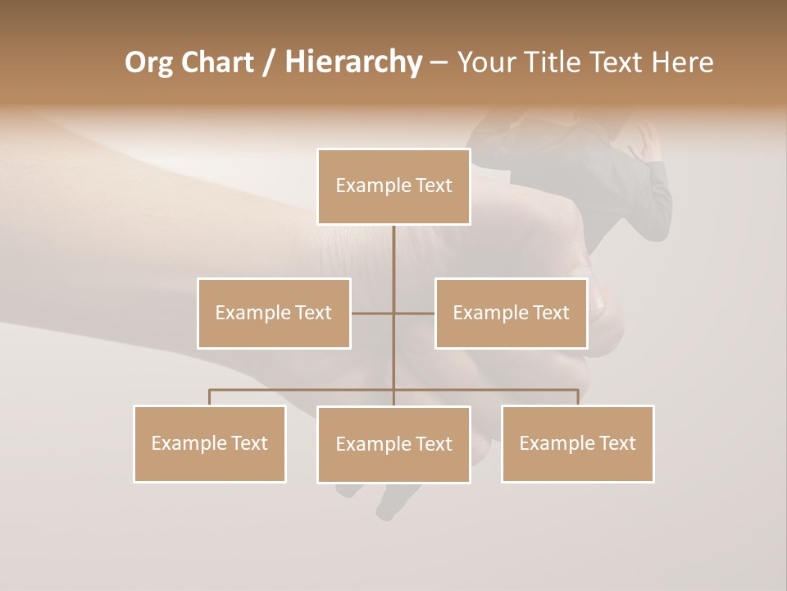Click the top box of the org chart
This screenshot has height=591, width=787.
click(393, 186)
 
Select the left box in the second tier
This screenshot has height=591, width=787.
click(274, 313)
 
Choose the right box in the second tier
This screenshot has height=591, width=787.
click(511, 313)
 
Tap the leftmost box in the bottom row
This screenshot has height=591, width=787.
click(209, 443)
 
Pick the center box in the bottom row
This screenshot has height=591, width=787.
click(393, 444)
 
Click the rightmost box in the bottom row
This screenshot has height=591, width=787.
click(577, 443)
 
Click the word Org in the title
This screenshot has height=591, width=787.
click(148, 62)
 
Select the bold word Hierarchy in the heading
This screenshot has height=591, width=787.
click(353, 62)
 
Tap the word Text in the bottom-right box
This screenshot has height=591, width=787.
click(616, 443)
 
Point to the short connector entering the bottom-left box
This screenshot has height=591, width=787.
click(209, 397)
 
